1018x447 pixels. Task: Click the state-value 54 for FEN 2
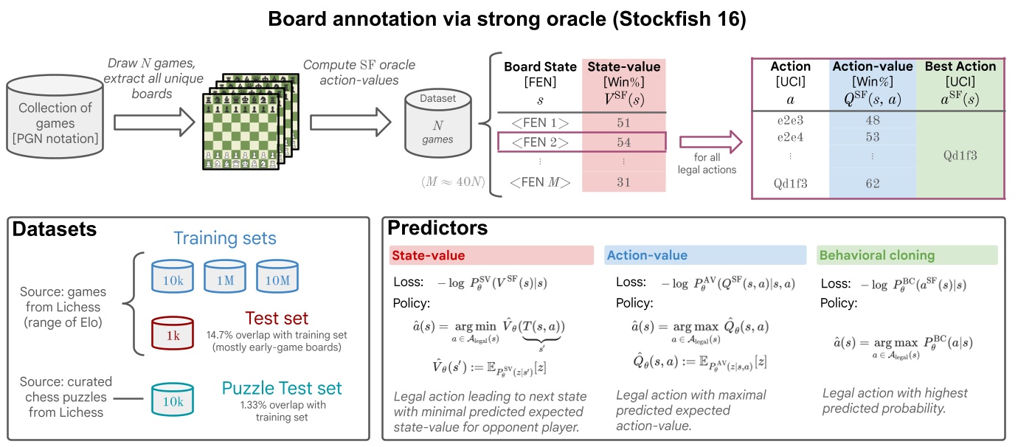click(623, 140)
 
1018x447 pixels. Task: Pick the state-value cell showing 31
click(623, 182)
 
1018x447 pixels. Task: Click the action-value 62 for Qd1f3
click(872, 184)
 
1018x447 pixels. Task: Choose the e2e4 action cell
click(790, 137)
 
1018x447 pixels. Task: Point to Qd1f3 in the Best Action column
click(960, 156)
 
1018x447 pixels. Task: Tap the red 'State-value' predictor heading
click(491, 256)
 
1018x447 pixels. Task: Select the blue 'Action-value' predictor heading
click(705, 256)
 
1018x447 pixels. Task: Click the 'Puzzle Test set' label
click(283, 388)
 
